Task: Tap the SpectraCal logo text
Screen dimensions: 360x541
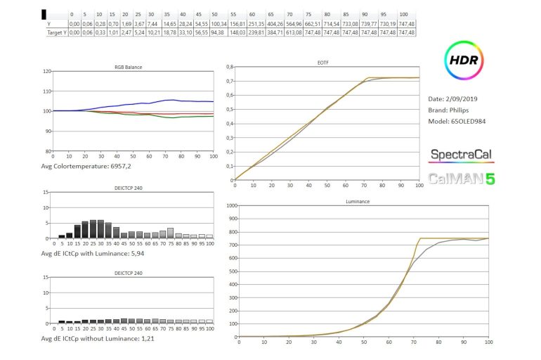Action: coord(461,155)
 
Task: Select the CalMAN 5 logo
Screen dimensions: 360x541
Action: coord(461,179)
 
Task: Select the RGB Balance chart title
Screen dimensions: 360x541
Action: coord(129,67)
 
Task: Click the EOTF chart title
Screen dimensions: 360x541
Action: coord(323,62)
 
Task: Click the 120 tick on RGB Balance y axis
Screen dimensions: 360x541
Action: coord(47,72)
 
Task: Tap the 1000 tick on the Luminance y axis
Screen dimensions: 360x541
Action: coord(230,206)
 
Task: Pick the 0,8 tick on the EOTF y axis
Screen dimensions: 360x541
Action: coord(228,67)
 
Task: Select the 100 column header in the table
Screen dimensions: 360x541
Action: coord(403,14)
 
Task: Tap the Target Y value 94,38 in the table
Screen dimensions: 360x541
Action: coord(218,32)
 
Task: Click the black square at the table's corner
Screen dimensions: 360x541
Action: coord(45,14)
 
